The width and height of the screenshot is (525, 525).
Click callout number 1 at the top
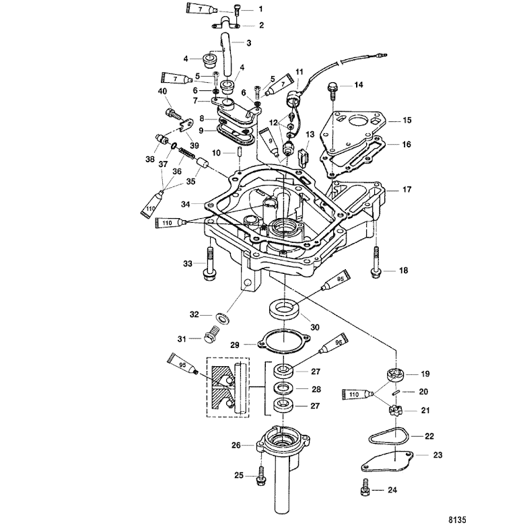click(x=261, y=9)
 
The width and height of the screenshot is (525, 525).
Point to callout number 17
click(x=407, y=190)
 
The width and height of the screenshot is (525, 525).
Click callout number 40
click(x=162, y=92)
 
